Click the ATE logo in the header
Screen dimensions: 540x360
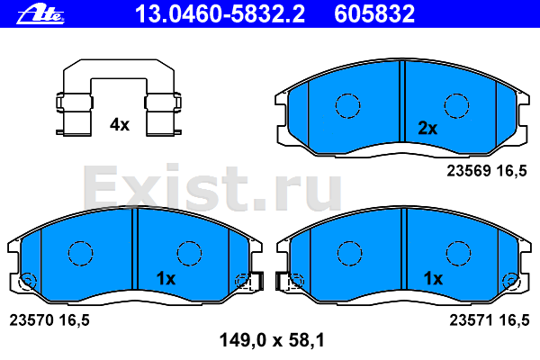(x=40, y=14)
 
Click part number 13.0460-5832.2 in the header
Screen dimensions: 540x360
(x=220, y=14)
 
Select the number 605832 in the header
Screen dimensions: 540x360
(x=374, y=14)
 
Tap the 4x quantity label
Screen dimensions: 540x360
(x=120, y=124)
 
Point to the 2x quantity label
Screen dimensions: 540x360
(x=427, y=128)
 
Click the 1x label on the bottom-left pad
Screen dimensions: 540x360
(x=166, y=278)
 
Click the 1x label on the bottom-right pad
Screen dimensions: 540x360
(x=433, y=278)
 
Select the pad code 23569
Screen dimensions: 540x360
(x=469, y=170)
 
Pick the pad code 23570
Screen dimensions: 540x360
(x=31, y=320)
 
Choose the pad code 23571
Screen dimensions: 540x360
(x=472, y=320)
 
